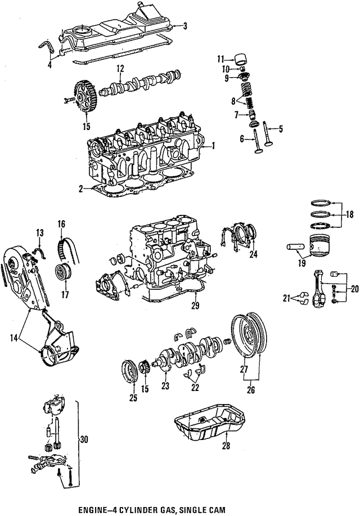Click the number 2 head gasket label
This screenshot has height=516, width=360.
82,189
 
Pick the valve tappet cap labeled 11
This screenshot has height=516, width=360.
243,59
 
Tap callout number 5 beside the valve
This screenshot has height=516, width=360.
281,128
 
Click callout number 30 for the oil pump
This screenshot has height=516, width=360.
84,439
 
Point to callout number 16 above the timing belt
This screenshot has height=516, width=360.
61,224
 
